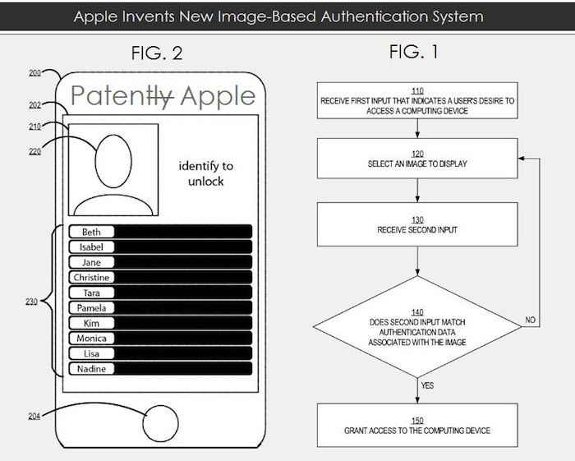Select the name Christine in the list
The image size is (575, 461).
click(91, 278)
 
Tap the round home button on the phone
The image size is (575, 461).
click(160, 426)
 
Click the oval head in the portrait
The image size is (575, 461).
click(114, 159)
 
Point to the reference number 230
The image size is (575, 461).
click(32, 303)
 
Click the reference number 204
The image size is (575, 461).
click(34, 416)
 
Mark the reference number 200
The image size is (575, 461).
click(34, 73)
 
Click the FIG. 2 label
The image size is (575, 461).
click(157, 54)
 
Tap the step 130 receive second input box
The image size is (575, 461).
click(417, 227)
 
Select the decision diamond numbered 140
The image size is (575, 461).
click(417, 326)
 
